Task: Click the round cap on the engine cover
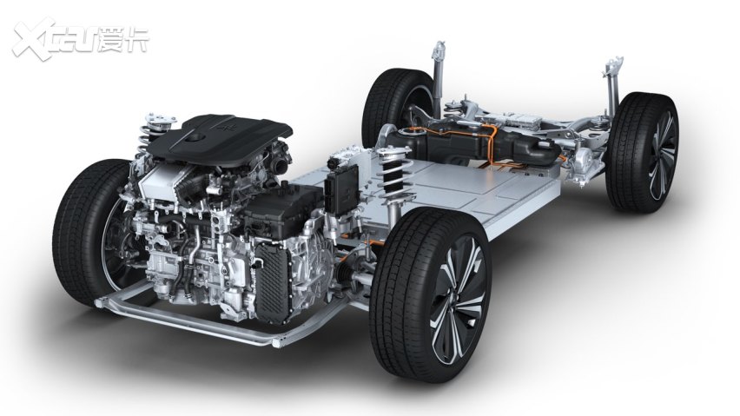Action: pyautogui.click(x=194, y=137)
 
